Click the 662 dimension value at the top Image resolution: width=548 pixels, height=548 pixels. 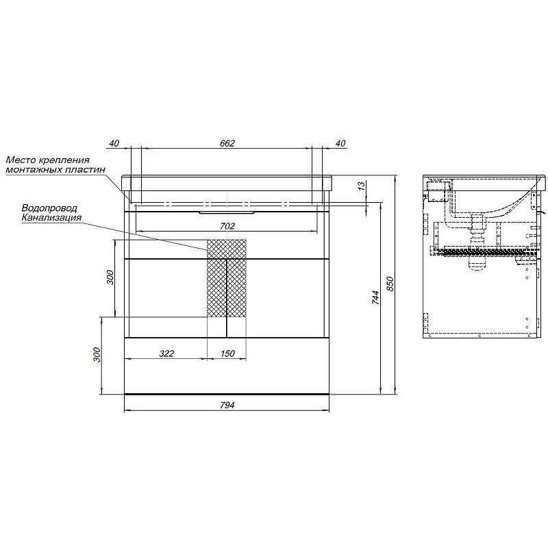[x=227, y=143]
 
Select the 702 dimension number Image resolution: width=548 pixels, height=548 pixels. [x=227, y=226]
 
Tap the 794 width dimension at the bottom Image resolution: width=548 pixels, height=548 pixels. [x=227, y=405]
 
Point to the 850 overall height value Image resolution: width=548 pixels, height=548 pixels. [x=390, y=284]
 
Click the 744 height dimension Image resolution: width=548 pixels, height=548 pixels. [x=375, y=297]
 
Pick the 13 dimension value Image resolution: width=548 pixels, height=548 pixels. [x=362, y=185]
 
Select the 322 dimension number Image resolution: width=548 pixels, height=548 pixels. [x=166, y=353]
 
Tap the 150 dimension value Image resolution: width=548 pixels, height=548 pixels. [x=227, y=353]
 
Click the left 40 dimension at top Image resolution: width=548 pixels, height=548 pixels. [x=114, y=143]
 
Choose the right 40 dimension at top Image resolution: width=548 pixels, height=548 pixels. [x=340, y=143]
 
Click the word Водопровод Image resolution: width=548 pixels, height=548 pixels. [x=49, y=208]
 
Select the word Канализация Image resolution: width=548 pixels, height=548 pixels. [x=51, y=217]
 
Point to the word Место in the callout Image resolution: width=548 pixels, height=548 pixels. [x=20, y=160]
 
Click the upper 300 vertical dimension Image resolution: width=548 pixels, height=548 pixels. [x=110, y=277]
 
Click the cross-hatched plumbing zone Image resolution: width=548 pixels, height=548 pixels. [x=227, y=278]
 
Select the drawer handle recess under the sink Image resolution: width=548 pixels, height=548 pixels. [x=227, y=212]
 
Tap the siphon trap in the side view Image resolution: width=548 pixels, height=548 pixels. [x=477, y=245]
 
